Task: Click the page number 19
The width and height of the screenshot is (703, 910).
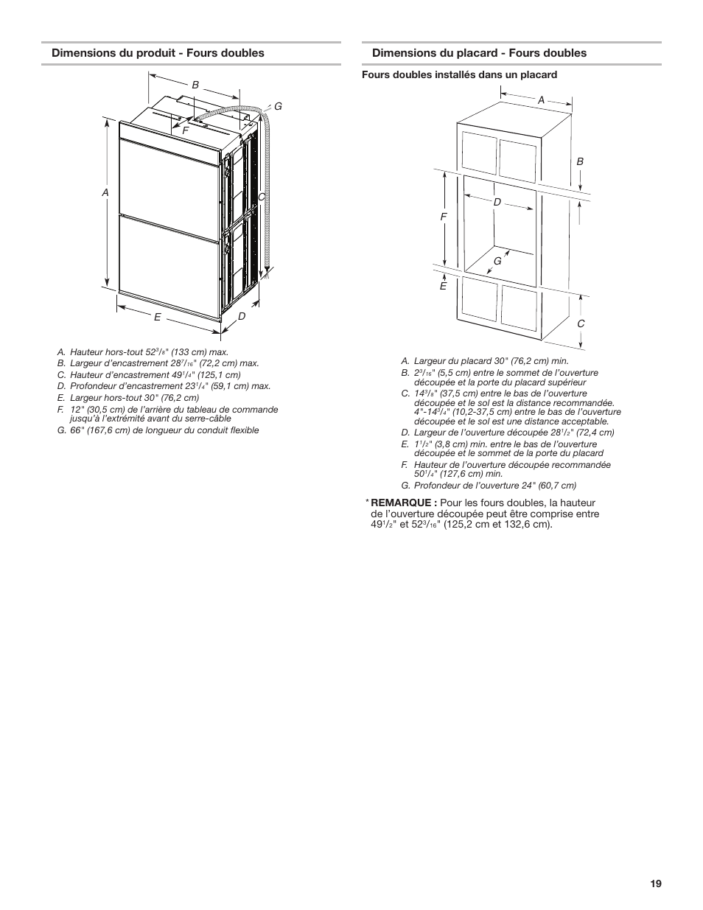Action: [x=656, y=883]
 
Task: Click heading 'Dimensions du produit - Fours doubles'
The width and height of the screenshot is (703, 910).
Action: [x=157, y=53]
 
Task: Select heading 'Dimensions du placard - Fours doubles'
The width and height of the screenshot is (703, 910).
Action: [x=479, y=53]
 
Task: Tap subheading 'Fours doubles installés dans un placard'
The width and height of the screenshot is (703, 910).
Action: [x=458, y=74]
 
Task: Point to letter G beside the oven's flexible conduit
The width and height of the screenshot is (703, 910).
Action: [x=279, y=107]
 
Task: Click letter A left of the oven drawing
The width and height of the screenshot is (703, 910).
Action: [x=105, y=192]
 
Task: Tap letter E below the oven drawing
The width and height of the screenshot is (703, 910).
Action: [x=157, y=317]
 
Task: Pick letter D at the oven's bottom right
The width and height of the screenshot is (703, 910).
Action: [x=241, y=316]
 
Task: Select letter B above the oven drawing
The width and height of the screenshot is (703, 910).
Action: [x=195, y=85]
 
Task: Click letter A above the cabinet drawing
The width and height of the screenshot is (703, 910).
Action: [x=540, y=99]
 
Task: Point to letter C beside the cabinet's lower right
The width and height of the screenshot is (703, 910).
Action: [x=581, y=323]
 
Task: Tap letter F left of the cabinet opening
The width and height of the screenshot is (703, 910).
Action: [x=444, y=217]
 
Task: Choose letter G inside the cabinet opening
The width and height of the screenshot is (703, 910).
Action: [x=497, y=261]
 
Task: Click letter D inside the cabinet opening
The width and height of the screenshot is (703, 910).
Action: [x=497, y=201]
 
